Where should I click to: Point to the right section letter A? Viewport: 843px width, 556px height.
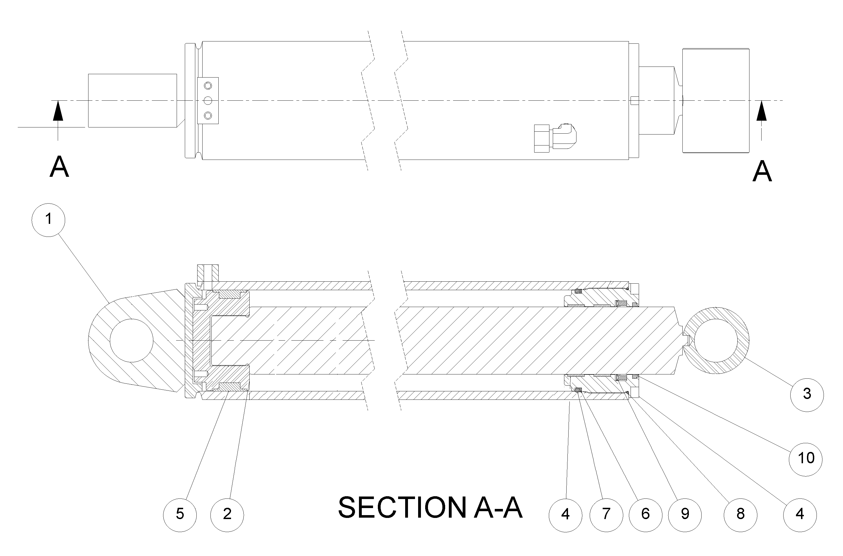tap(762, 172)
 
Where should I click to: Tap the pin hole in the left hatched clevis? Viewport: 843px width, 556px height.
tap(132, 340)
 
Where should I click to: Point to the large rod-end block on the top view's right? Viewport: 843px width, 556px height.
tap(716, 101)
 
